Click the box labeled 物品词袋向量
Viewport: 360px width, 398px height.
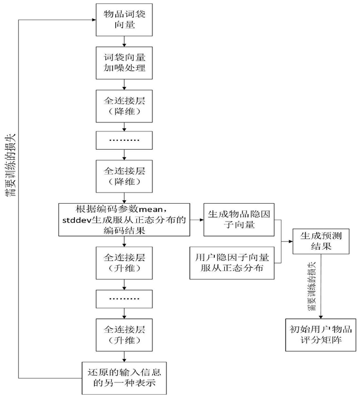(x=124, y=20)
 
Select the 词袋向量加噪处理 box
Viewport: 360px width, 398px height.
(x=124, y=63)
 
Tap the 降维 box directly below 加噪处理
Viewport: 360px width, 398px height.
(x=124, y=106)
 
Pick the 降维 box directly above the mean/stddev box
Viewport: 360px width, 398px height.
(x=124, y=176)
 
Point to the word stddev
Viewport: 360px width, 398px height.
(x=77, y=220)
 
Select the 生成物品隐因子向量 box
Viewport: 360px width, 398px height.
(x=239, y=220)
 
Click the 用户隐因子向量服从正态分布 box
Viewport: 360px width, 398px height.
(x=232, y=263)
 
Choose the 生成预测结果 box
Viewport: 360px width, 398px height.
(x=321, y=242)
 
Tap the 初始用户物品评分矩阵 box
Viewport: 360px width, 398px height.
(x=320, y=335)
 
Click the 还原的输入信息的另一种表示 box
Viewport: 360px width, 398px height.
(x=124, y=378)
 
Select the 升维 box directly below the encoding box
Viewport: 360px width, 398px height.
(x=124, y=263)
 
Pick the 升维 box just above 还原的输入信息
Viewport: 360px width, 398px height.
(x=124, y=335)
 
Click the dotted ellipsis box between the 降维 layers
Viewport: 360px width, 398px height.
(x=124, y=140)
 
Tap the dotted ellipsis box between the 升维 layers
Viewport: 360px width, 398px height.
(x=124, y=299)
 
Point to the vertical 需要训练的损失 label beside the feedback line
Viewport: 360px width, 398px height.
(x=11, y=165)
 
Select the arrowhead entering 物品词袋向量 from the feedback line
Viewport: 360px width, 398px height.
(x=94, y=20)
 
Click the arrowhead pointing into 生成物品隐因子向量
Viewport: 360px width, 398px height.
(x=201, y=220)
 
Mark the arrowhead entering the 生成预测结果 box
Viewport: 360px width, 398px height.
(x=291, y=242)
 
